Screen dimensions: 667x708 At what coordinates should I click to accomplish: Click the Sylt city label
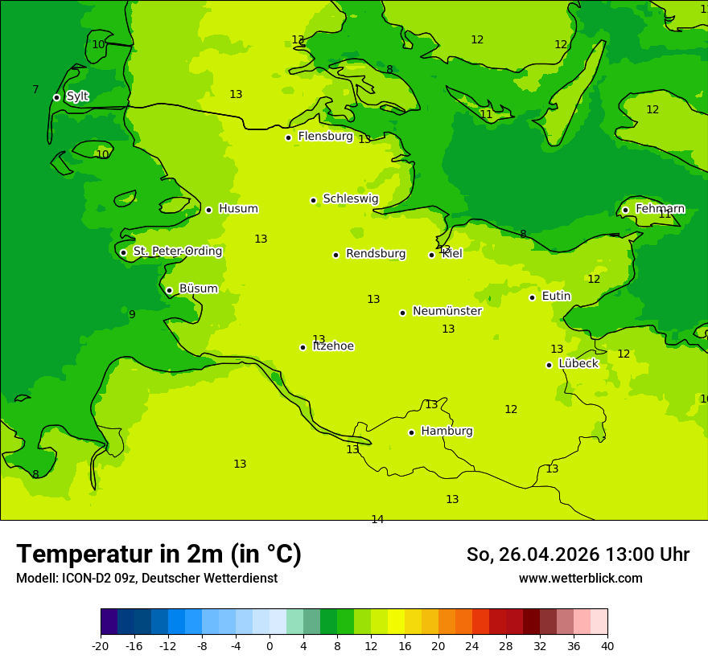77,96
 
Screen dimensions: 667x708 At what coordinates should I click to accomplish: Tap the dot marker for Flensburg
288,137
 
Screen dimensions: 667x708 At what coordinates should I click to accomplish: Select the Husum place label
238,209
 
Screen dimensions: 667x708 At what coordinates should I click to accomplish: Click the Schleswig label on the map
350,198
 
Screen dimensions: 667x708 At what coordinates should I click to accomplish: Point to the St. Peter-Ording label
177,251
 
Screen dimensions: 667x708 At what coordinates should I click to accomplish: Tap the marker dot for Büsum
169,290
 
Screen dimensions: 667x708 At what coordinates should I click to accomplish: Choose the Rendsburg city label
375,254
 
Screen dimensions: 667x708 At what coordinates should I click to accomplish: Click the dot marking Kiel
431,255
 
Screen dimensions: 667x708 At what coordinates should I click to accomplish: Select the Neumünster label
447,311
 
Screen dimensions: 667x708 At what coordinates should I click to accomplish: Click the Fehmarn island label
660,209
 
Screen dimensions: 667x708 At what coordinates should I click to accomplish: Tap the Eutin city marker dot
532,297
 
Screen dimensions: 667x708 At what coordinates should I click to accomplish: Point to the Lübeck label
578,363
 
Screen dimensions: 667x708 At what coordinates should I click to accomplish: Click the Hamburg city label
447,431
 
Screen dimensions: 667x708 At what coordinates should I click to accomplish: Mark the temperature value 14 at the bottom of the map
377,519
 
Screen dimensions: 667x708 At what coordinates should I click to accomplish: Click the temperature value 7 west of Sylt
35,89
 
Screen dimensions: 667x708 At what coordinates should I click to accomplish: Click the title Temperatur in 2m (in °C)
158,554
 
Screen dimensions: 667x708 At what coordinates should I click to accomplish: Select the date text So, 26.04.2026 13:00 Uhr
578,554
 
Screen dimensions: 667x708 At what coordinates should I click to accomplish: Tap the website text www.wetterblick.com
580,578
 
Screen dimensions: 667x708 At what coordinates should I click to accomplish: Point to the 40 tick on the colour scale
607,646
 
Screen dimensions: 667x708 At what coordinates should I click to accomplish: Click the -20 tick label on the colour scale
101,646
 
